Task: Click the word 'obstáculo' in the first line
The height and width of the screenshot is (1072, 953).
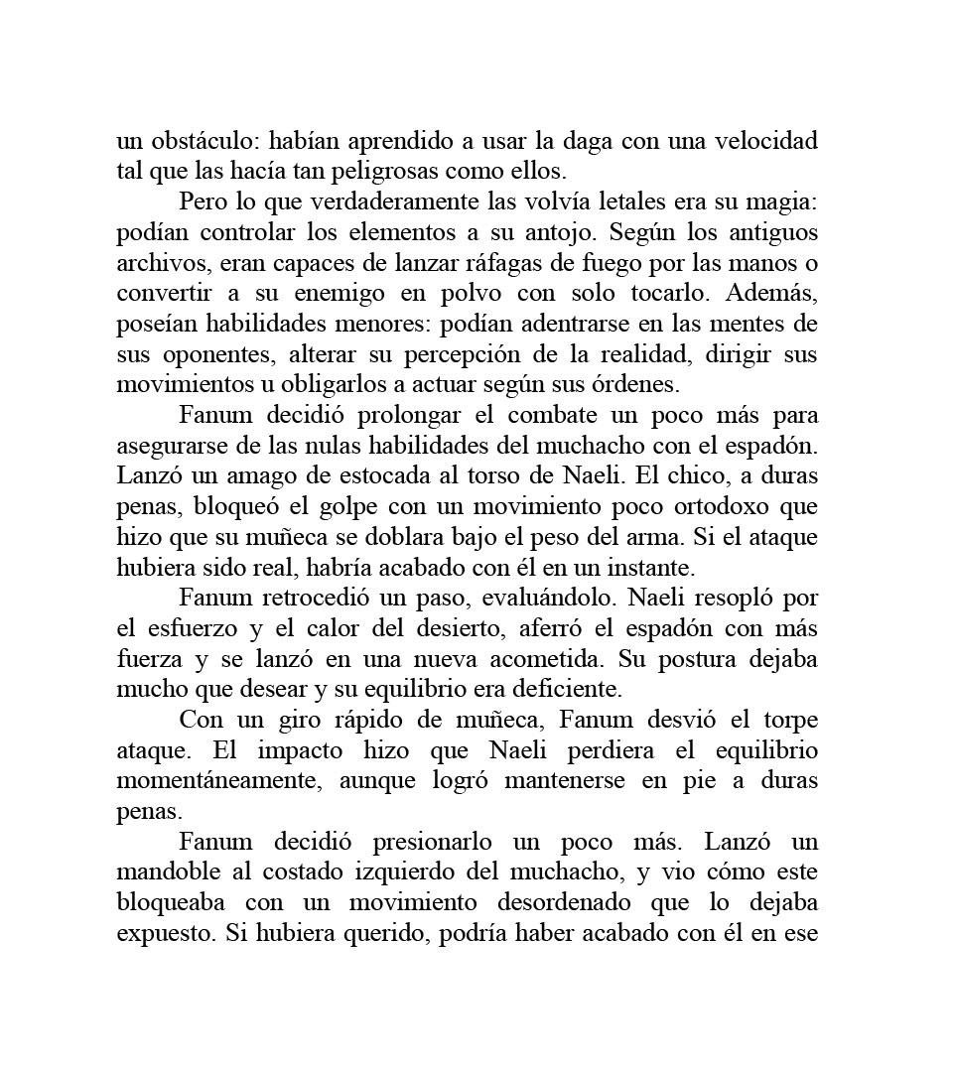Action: click(x=204, y=141)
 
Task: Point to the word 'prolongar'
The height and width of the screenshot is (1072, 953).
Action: click(x=362, y=415)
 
